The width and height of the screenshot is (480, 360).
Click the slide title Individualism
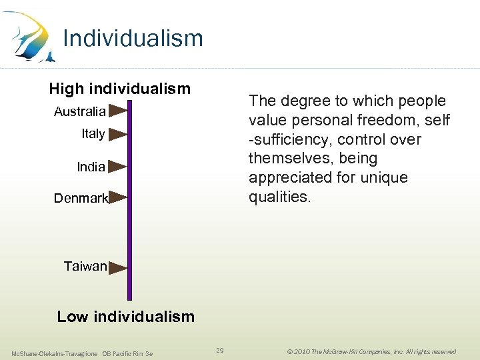point(133,39)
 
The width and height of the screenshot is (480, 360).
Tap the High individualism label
point(120,89)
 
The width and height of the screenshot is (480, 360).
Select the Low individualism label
point(126,317)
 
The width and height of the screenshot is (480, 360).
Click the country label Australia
point(79,111)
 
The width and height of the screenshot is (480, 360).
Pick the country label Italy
point(93,134)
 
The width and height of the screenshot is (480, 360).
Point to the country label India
point(91,167)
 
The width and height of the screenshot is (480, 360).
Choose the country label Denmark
point(81,198)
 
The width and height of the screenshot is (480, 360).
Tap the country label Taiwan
point(85,267)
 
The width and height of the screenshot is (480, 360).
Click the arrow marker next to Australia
point(117,110)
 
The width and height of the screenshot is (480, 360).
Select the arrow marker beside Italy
point(117,133)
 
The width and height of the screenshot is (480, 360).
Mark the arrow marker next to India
point(117,166)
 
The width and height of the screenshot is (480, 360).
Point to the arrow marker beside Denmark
point(117,197)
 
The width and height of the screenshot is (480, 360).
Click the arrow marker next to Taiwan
point(117,268)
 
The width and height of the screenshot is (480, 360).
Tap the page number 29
point(220,350)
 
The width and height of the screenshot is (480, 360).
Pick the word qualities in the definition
point(279,197)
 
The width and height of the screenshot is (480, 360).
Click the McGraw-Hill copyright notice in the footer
point(371,351)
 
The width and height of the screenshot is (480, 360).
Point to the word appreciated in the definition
point(291,178)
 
